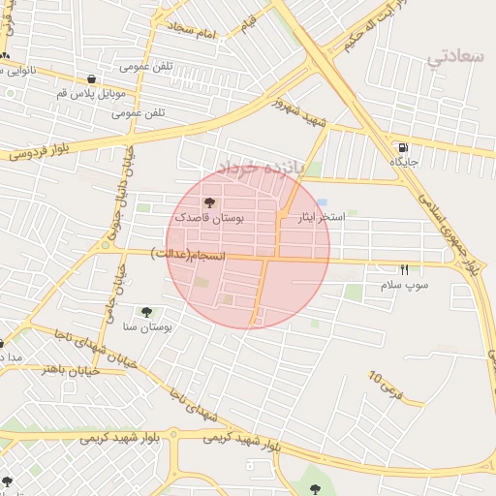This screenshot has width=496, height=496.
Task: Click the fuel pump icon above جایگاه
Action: pos(402,148)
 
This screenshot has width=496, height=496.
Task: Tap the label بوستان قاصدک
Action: pos(210,219)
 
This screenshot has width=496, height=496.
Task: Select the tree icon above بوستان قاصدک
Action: pos(210,202)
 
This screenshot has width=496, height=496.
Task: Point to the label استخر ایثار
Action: pos(321,218)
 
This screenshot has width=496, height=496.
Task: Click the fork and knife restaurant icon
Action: pos(404,269)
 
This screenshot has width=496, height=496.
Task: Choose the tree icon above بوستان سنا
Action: pos(146,312)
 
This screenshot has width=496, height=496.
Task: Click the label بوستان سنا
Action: pos(147,328)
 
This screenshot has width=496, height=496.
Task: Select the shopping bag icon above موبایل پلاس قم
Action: pos(91,79)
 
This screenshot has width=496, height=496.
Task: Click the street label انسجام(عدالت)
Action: pos(189,254)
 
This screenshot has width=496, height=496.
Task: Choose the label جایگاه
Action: pos(403,162)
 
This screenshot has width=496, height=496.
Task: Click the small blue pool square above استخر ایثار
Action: pos(321,201)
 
